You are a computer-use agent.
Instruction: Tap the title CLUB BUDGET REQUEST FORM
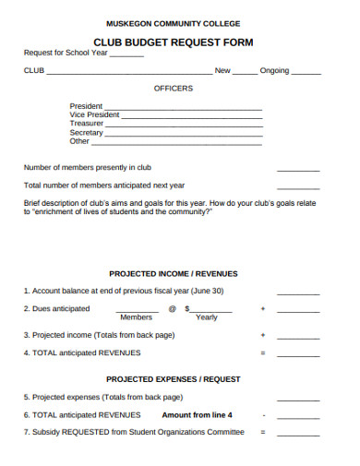coord(174,42)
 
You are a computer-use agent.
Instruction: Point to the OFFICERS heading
coord(174,89)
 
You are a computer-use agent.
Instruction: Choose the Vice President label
coord(95,114)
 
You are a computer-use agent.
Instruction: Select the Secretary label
coord(87,133)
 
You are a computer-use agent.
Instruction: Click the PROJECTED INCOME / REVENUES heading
coord(174,274)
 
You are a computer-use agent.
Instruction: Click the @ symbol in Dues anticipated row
coord(172,309)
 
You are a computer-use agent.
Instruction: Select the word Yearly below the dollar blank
coord(207,317)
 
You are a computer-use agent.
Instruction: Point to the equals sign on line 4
coord(263,353)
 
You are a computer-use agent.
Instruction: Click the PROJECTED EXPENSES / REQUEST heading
coord(174,379)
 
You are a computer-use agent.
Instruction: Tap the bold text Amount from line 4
coord(198,414)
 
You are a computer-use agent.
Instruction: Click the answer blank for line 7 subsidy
coord(297,434)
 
